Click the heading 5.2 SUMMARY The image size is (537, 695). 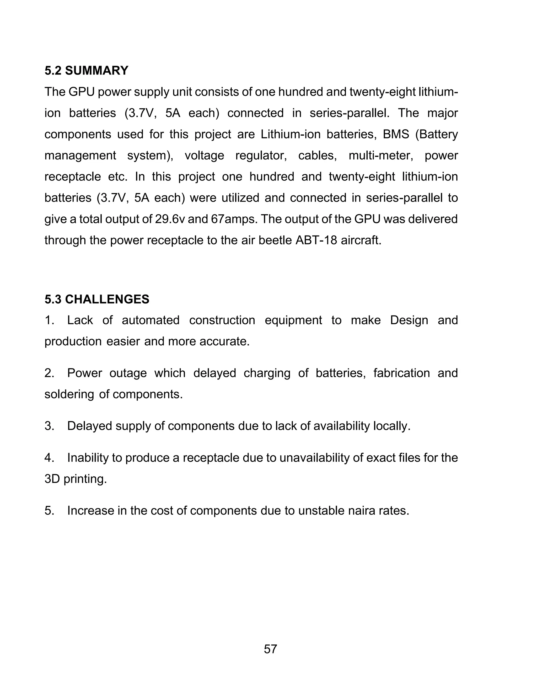pos(86,71)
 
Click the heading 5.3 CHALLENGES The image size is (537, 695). pos(97,300)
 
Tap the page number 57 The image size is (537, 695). pos(270,649)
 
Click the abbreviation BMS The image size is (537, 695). pos(396,134)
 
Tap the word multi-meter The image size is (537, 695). pos(381,156)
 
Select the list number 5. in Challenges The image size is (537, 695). pos(49,511)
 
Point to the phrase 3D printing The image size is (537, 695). pos(76,479)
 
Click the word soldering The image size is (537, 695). pos(69,394)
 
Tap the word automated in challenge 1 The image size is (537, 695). pos(151,320)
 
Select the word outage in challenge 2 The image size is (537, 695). pos(128,373)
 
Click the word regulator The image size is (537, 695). pos(261,156)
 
